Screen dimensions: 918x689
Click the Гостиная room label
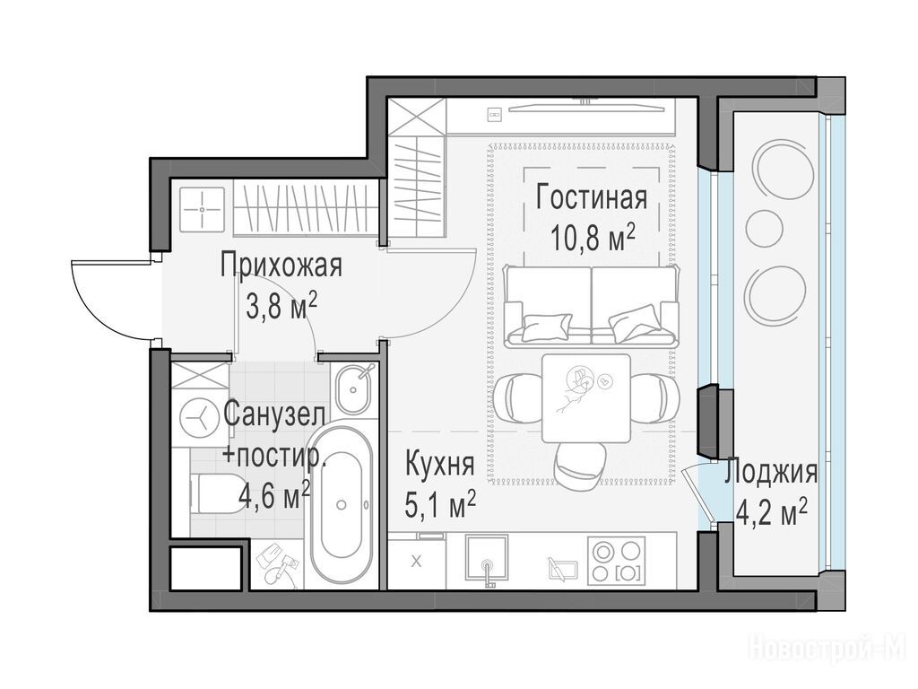(x=592, y=198)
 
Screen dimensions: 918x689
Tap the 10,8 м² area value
(x=593, y=238)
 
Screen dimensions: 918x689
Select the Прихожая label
(x=281, y=265)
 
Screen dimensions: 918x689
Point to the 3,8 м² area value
(x=281, y=306)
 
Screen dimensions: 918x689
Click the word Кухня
(x=439, y=465)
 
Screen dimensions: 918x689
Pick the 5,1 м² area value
(x=439, y=505)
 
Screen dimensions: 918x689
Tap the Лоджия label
(x=770, y=472)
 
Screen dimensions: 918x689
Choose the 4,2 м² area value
(x=771, y=512)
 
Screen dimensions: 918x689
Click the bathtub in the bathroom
(x=342, y=504)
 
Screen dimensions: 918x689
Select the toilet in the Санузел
(x=212, y=493)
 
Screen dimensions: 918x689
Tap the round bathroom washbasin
(x=353, y=388)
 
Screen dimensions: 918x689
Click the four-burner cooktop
(x=616, y=561)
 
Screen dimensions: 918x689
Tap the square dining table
(x=586, y=397)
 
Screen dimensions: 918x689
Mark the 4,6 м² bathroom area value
(x=274, y=494)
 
